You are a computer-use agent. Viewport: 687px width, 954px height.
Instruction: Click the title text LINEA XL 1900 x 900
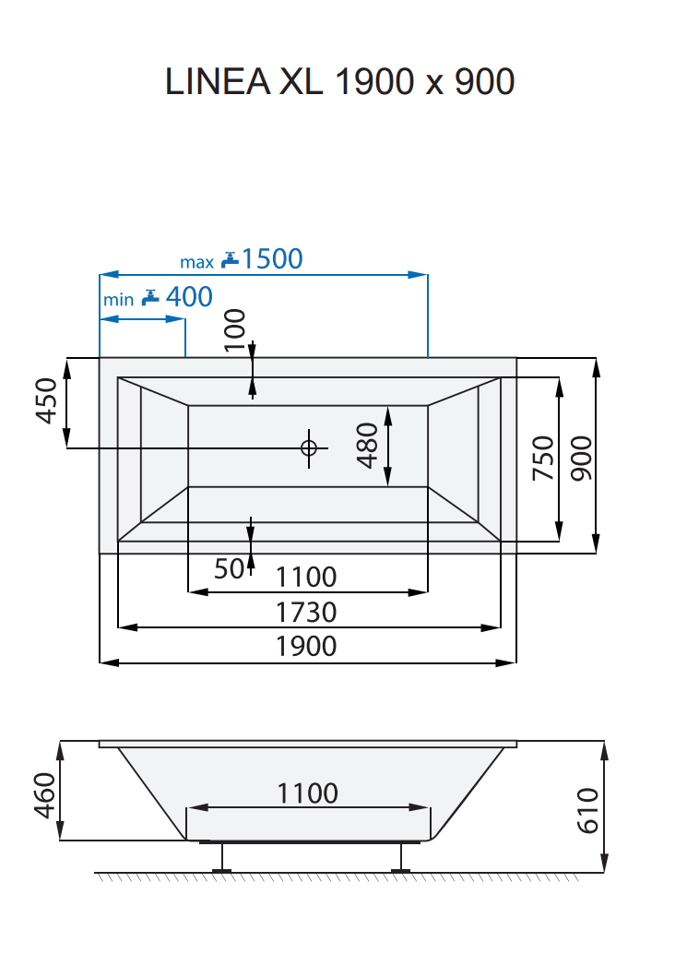339,82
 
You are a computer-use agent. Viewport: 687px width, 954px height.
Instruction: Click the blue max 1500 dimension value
271,259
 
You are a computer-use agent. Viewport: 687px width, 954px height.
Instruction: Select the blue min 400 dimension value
188,297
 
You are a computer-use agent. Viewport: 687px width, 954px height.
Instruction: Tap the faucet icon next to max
230,260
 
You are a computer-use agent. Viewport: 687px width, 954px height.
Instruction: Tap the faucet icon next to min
150,298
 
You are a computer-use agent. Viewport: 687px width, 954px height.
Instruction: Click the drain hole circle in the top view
308,447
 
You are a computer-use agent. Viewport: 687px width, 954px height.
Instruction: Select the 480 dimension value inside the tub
367,445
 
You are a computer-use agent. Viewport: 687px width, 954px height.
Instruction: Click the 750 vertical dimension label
543,458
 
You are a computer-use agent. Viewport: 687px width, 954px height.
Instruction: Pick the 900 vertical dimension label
581,458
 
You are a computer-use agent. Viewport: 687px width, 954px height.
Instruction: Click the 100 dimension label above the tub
235,330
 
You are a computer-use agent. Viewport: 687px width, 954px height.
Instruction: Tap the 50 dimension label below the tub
229,569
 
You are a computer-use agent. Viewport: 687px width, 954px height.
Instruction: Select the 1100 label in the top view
307,578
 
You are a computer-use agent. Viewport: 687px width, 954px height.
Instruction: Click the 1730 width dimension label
307,612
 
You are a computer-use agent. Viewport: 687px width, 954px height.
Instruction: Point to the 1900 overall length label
307,646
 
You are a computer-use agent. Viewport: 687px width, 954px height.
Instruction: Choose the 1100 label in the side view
308,793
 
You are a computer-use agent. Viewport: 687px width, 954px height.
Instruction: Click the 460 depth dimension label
45,795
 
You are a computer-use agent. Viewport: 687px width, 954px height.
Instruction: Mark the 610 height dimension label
586,810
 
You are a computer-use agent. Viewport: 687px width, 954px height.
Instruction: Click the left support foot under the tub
219,858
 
